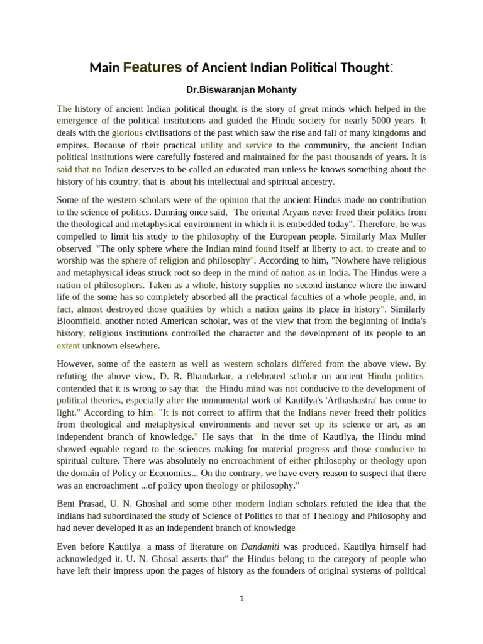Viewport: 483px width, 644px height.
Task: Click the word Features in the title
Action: click(x=153, y=67)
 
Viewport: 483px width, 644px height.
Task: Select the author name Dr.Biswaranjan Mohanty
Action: click(x=241, y=90)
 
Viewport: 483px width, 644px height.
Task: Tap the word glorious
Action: click(x=128, y=133)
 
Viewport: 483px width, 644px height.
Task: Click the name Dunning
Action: click(x=169, y=213)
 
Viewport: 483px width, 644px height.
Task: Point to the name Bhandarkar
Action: click(x=205, y=376)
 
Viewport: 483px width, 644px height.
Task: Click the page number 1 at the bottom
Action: click(x=241, y=599)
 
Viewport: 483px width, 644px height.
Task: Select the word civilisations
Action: click(x=179, y=133)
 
